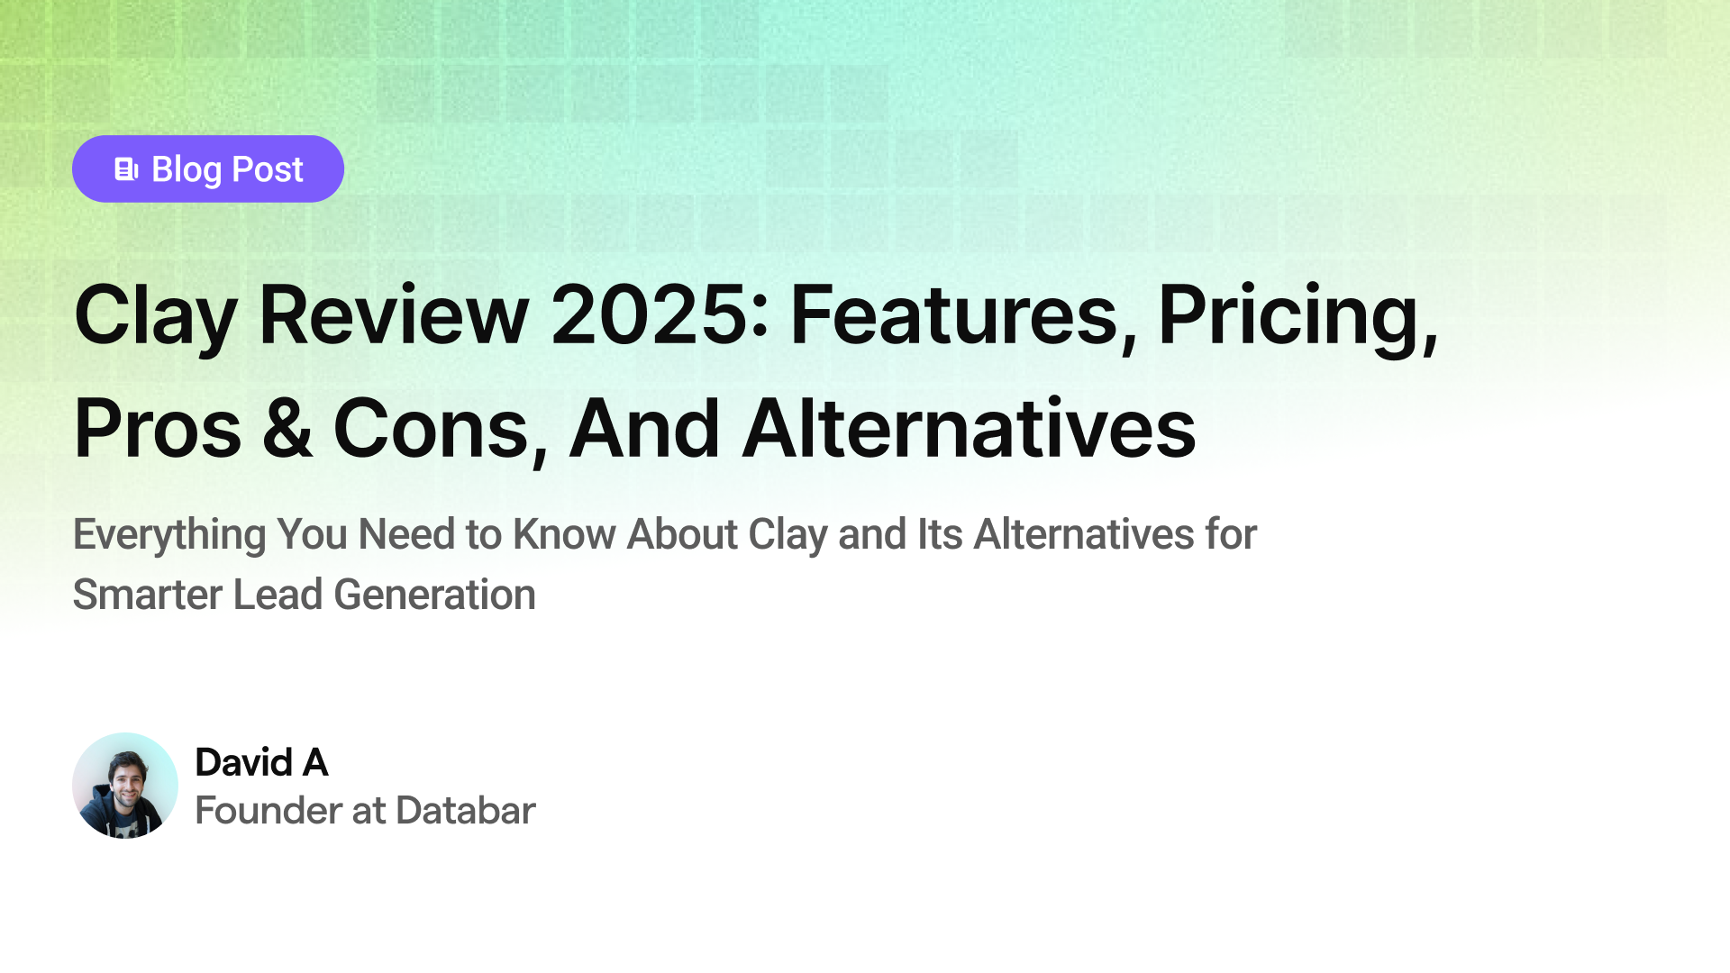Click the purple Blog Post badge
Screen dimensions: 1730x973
[208, 168]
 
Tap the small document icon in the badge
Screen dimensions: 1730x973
[126, 169]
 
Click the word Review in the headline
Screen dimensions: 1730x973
[394, 314]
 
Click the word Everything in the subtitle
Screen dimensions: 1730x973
[169, 535]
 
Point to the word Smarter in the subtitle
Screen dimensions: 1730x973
[147, 595]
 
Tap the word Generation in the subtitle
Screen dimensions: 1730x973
[434, 595]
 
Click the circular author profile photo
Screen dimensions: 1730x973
[125, 786]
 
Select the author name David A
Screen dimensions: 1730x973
[261, 762]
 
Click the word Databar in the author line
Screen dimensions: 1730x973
[465, 810]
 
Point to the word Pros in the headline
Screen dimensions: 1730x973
[158, 429]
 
